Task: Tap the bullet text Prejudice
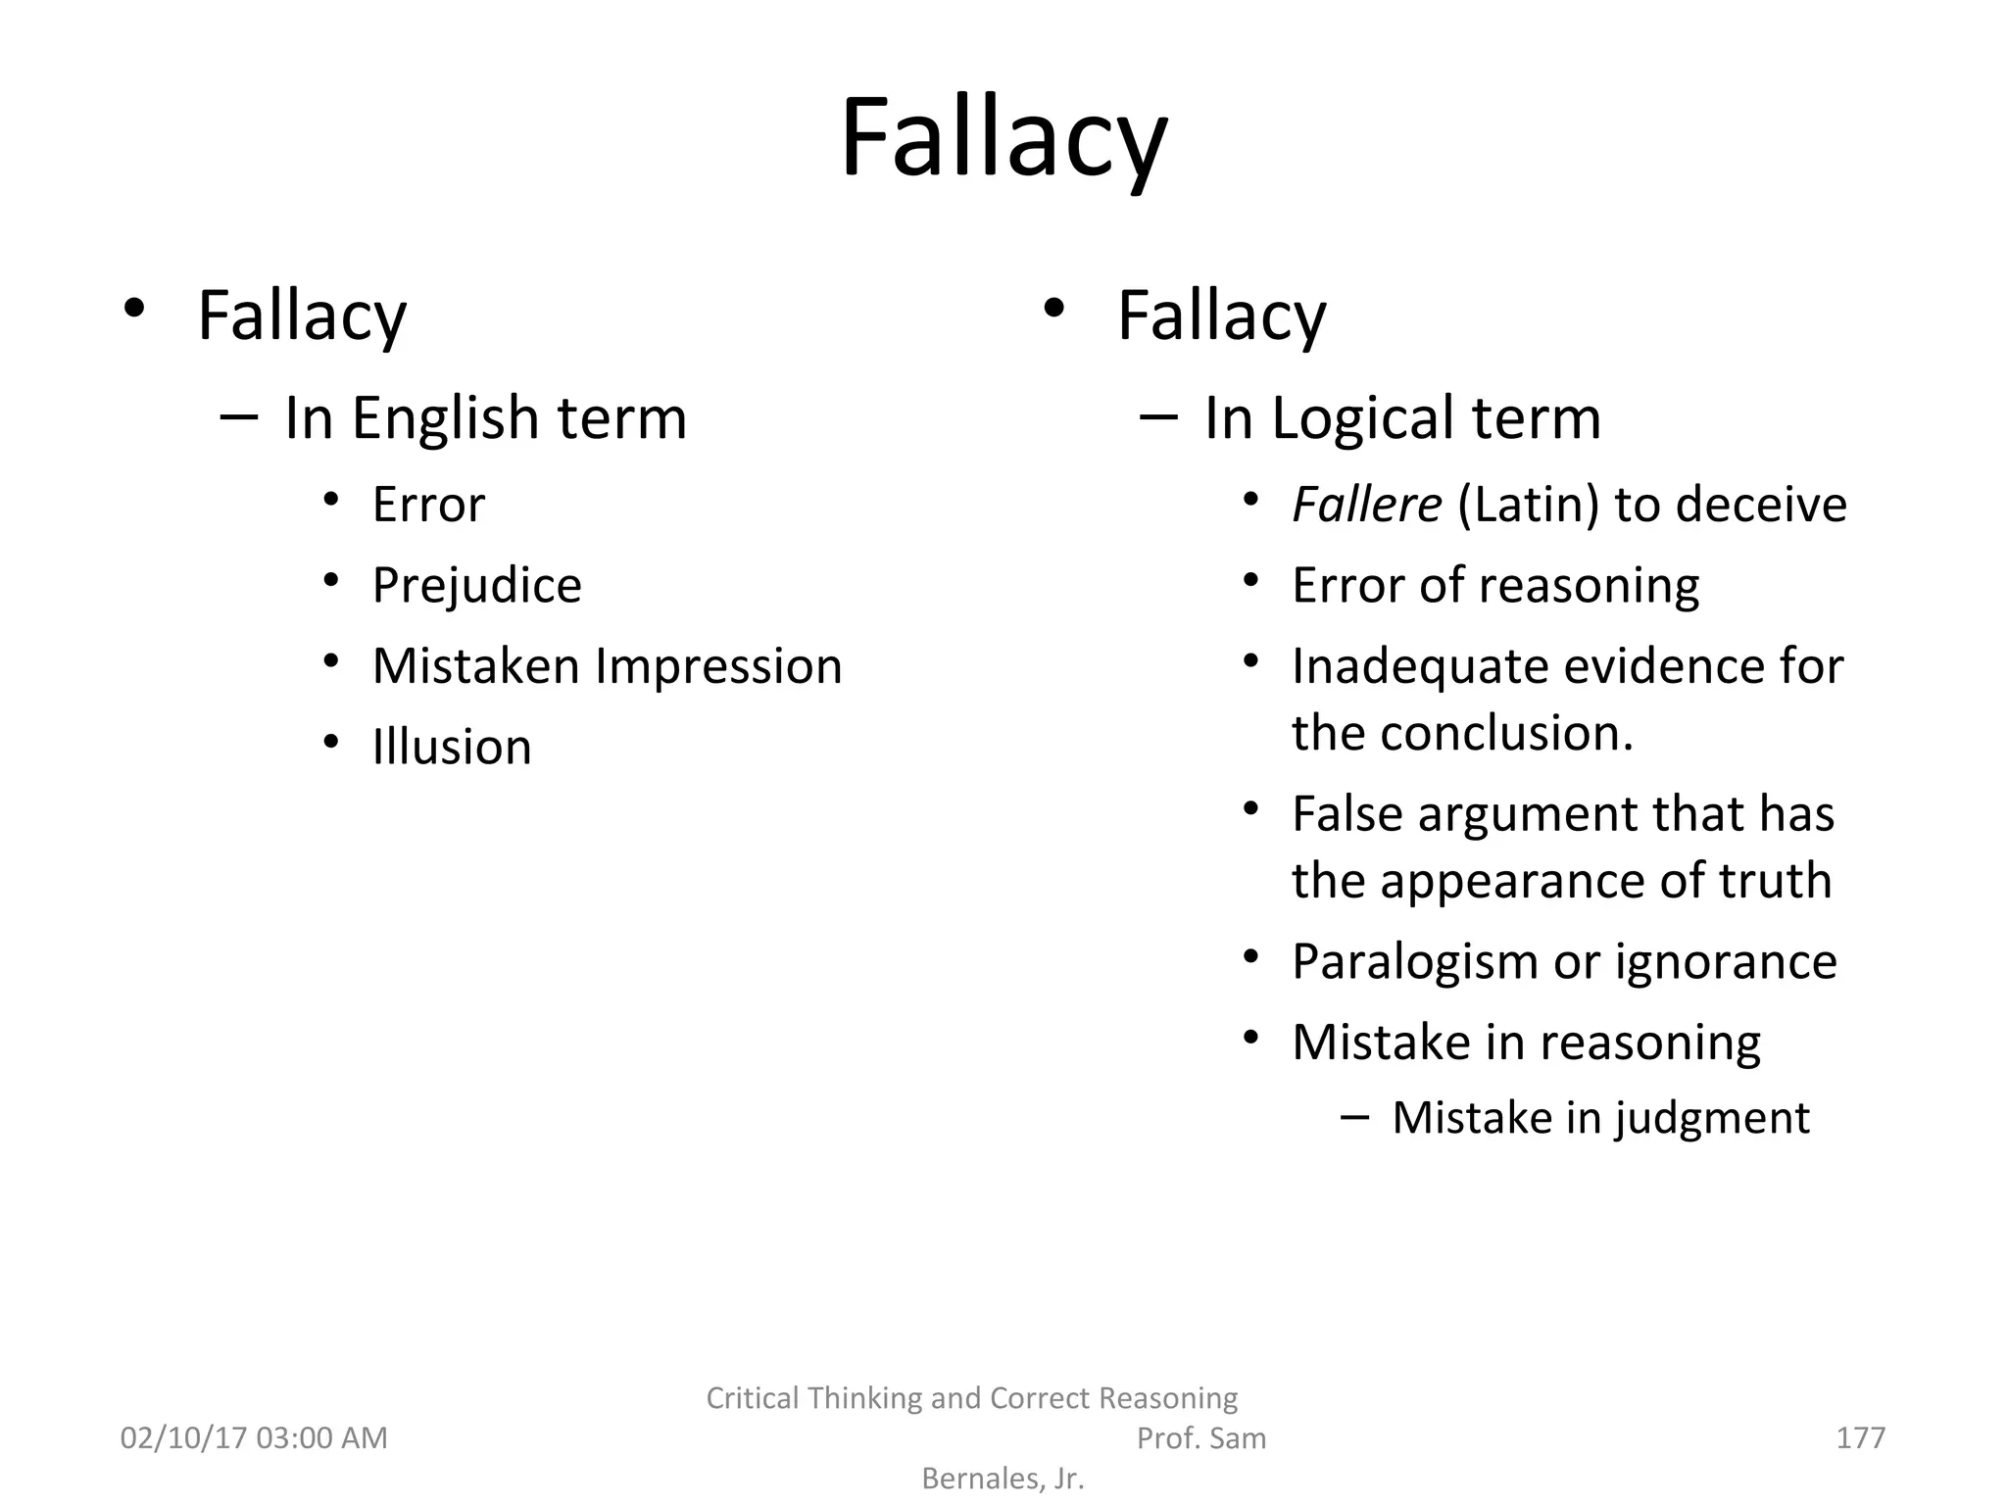click(476, 586)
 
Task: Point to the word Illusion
click(452, 748)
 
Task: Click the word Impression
click(718, 666)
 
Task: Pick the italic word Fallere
click(1366, 505)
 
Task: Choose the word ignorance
click(1726, 961)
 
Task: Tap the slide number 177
click(1860, 1437)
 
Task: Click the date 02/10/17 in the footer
click(182, 1437)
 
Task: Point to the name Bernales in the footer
click(979, 1479)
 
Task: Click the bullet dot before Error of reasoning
click(1250, 581)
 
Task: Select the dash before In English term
click(239, 418)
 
